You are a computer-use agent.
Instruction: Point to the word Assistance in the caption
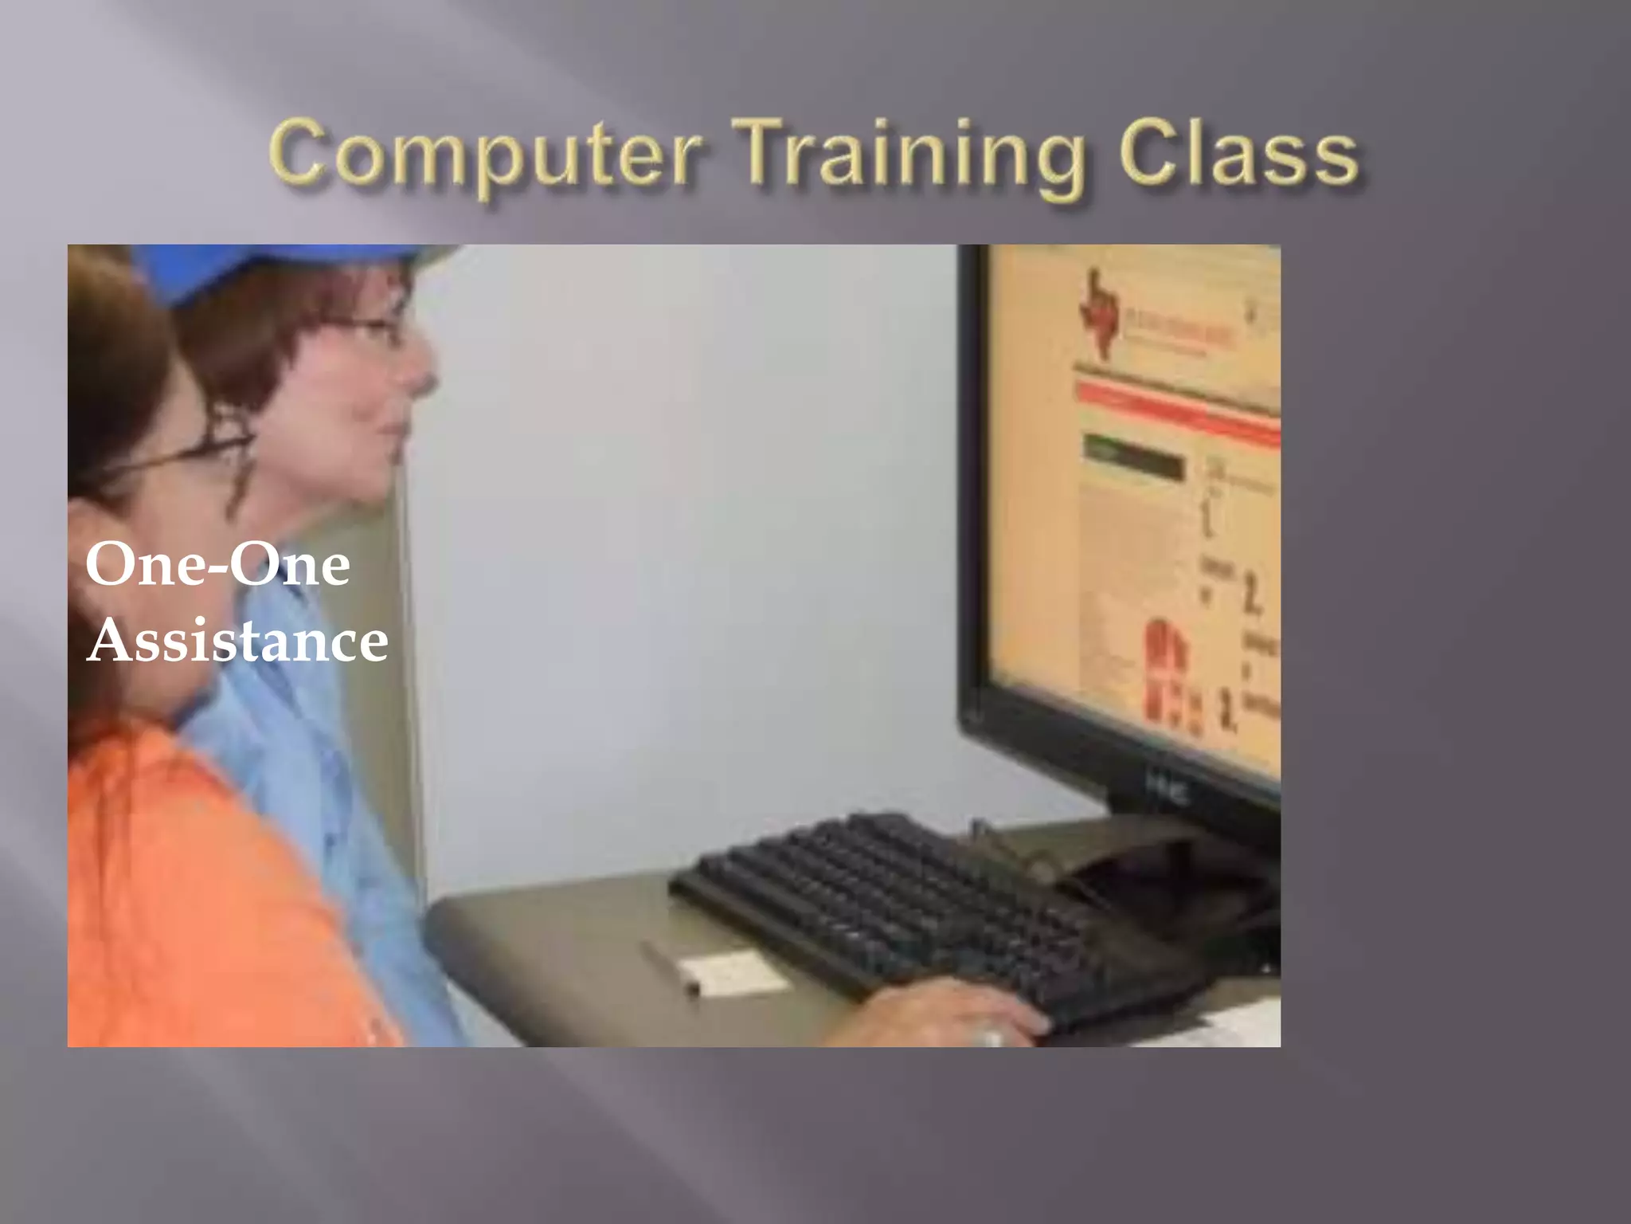(x=237, y=642)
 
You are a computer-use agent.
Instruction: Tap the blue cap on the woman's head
(x=263, y=268)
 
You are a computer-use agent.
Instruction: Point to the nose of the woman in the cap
(x=422, y=371)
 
